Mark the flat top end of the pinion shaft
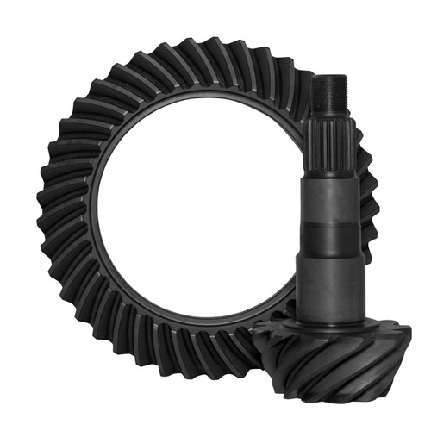(328, 78)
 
